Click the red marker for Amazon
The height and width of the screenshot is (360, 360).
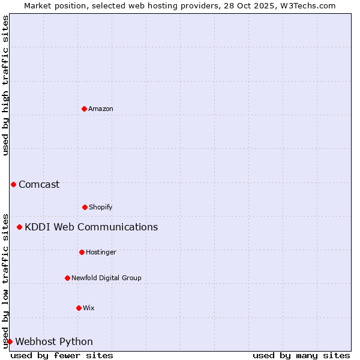tap(84, 109)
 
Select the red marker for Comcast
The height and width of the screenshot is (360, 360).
tap(13, 184)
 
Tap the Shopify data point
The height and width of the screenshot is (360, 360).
tap(85, 207)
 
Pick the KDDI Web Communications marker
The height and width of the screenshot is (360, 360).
tap(19, 227)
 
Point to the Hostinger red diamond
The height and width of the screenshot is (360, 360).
tap(82, 252)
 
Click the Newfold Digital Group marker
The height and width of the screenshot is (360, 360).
tap(67, 278)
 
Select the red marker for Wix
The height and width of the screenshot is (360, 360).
tap(79, 308)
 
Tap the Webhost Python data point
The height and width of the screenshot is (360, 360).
tap(10, 341)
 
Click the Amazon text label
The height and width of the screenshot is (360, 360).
tap(101, 109)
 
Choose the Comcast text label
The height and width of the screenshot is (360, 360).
tap(39, 184)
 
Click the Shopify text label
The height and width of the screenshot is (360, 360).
tap(101, 207)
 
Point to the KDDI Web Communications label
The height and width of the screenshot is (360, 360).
tap(91, 227)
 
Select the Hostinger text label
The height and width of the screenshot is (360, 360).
tap(101, 252)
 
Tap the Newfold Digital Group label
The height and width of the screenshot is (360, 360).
tap(106, 278)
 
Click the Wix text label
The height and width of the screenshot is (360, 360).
tap(89, 308)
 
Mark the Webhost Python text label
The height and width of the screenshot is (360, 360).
tap(54, 341)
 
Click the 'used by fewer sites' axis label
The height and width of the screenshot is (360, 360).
tap(62, 355)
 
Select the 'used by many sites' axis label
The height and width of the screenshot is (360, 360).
tap(301, 355)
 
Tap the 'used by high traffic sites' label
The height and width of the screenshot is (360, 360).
tap(5, 85)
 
